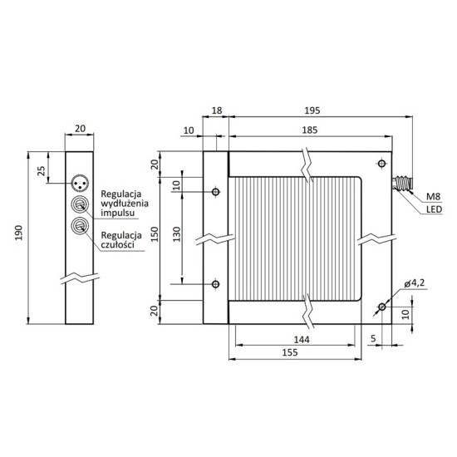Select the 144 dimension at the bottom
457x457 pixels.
[x=301, y=341]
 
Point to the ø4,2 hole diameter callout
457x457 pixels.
[x=415, y=285]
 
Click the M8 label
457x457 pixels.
[x=433, y=198]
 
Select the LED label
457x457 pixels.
[x=433, y=210]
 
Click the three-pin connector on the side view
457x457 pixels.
[x=81, y=180]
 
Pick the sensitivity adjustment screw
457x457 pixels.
[x=81, y=227]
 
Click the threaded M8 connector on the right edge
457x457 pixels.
[x=405, y=184]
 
